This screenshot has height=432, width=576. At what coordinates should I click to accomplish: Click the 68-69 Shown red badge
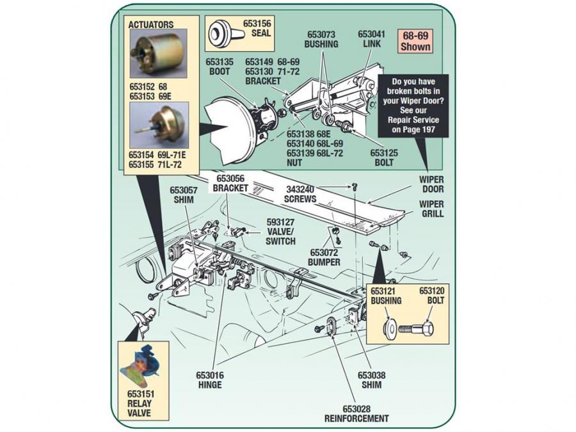pyautogui.click(x=415, y=41)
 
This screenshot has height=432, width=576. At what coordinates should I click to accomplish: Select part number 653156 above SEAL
pyautogui.click(x=257, y=24)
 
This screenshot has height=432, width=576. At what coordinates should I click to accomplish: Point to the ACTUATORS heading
pyautogui.click(x=150, y=25)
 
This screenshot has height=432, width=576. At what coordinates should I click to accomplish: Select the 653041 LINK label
pyautogui.click(x=371, y=38)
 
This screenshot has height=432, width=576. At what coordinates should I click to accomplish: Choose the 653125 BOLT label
pyautogui.click(x=384, y=158)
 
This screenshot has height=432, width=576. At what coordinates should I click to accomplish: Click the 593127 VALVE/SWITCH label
pyautogui.click(x=281, y=232)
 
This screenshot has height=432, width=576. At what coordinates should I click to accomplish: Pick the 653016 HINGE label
pyautogui.click(x=210, y=380)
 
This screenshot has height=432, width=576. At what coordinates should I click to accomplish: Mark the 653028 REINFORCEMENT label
pyautogui.click(x=356, y=413)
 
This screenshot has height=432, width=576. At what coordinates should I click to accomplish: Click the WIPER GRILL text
pyautogui.click(x=431, y=209)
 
